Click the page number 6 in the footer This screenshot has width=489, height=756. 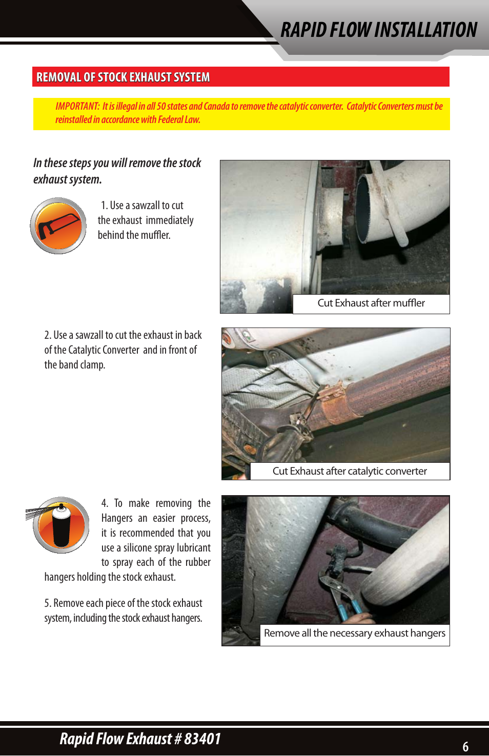tap(465, 746)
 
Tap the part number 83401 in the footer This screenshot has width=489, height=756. tap(202, 739)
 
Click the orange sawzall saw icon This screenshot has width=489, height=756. tap(58, 226)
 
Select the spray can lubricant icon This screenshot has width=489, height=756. tap(60, 525)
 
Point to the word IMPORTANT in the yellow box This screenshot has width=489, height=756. tap(77, 106)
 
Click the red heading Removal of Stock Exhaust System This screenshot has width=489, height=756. tap(123, 77)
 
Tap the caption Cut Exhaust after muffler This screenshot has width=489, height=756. tap(371, 303)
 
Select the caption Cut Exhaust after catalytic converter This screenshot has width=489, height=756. tap(350, 471)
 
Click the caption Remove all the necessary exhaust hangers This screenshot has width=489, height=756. tap(355, 633)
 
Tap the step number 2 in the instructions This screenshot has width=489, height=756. tap(47, 335)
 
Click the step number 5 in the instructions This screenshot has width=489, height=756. tap(47, 603)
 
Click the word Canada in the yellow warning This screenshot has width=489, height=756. tap(216, 106)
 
